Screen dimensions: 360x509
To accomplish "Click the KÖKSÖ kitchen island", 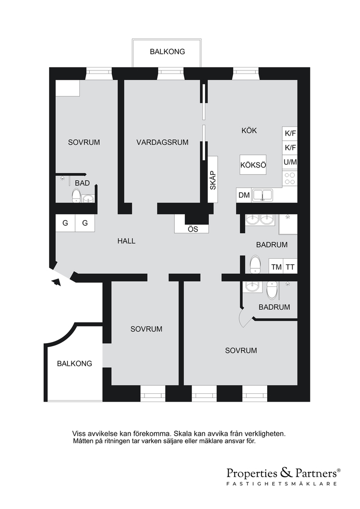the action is pyautogui.click(x=253, y=165).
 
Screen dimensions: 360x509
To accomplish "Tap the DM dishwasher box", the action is pyautogui.click(x=244, y=195).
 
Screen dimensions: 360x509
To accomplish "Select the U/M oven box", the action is pyautogui.click(x=290, y=162).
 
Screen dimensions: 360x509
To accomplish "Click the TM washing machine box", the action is pyautogui.click(x=276, y=267).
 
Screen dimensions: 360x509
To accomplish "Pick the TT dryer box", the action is pyautogui.click(x=290, y=267).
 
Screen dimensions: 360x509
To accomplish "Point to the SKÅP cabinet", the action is pyautogui.click(x=213, y=179).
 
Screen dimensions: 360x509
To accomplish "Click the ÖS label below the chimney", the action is pyautogui.click(x=193, y=229).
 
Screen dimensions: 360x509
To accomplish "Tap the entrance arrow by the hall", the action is pyautogui.click(x=56, y=282).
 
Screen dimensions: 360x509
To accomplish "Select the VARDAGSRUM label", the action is pyautogui.click(x=162, y=142).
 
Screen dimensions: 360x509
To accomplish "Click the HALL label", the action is pyautogui.click(x=126, y=241).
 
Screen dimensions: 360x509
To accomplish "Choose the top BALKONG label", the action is pyautogui.click(x=167, y=52).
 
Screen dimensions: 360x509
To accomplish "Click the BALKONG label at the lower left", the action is pyautogui.click(x=74, y=363).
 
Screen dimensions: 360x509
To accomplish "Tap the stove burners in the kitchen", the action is pyautogui.click(x=290, y=178).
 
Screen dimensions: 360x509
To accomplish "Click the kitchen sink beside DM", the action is pyautogui.click(x=263, y=195).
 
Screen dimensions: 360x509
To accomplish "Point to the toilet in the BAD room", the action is pyautogui.click(x=76, y=196).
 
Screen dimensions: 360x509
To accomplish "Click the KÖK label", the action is pyautogui.click(x=249, y=130).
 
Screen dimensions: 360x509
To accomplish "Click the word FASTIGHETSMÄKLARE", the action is pyautogui.click(x=281, y=483).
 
